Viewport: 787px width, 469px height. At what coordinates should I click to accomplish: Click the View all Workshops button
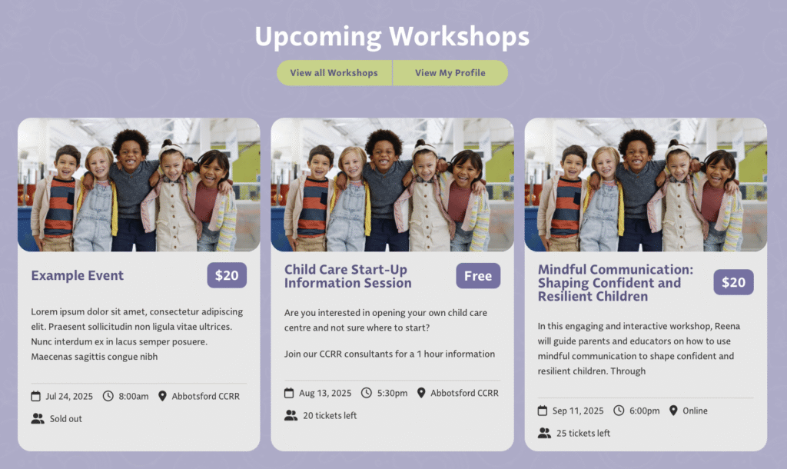(x=334, y=73)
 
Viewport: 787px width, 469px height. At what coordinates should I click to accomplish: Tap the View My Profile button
(x=450, y=73)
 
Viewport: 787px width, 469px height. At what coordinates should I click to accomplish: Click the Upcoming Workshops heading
(x=392, y=37)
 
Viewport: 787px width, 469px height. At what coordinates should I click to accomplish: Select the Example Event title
(x=78, y=275)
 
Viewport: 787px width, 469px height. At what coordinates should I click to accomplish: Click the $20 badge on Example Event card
(x=227, y=275)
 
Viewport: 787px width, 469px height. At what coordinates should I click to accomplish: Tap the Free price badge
(x=478, y=276)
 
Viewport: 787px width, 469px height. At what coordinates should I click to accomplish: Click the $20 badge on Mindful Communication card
(x=733, y=282)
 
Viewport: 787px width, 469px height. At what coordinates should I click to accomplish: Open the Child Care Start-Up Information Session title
(x=348, y=276)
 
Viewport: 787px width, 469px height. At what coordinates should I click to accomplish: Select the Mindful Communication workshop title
(x=616, y=283)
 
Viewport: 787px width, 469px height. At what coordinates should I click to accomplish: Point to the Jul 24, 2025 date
(x=69, y=396)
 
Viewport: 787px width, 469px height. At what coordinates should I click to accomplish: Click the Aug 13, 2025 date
(x=325, y=393)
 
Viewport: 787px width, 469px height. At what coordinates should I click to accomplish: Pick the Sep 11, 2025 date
(x=578, y=411)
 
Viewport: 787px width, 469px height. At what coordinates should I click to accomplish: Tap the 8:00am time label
(x=134, y=396)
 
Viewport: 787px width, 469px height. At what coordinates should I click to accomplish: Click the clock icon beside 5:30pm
(x=367, y=393)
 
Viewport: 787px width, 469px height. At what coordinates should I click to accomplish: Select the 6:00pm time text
(x=645, y=411)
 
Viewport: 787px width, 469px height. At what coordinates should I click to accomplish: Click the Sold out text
(x=66, y=419)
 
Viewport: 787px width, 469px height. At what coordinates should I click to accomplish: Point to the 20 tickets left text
(x=330, y=416)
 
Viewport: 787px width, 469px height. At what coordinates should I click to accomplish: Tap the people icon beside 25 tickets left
(x=545, y=433)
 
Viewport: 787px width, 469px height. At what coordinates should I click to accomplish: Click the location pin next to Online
(x=673, y=411)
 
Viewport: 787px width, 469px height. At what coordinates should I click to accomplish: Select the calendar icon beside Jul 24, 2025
(x=35, y=396)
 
